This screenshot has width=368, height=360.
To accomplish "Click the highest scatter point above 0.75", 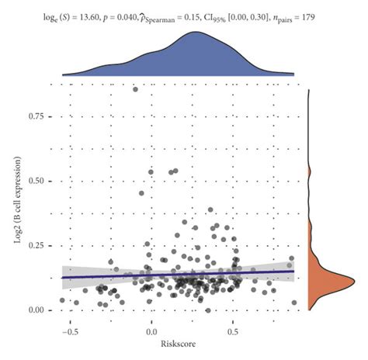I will [x=135, y=89].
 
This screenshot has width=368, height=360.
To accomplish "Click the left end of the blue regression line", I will [x=62, y=277].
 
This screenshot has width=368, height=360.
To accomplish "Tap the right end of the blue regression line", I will [x=295, y=271].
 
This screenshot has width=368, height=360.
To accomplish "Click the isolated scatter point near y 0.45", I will [x=142, y=194].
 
